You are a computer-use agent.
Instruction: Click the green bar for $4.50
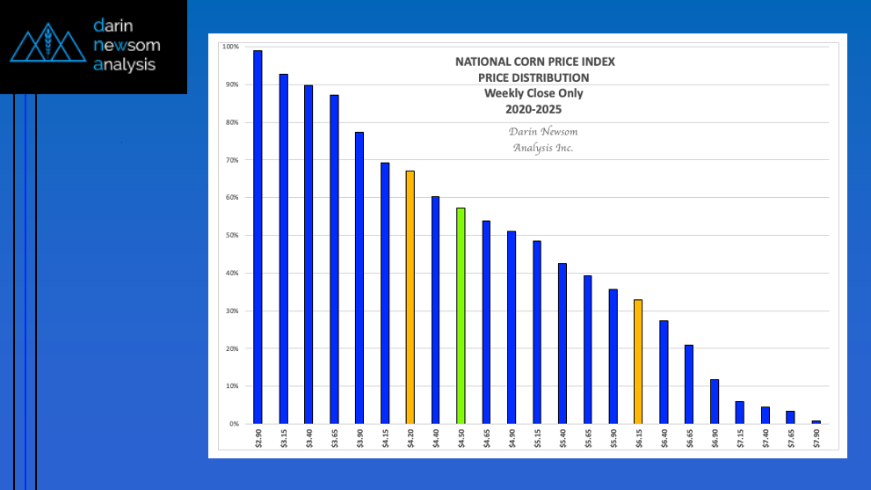click(461, 317)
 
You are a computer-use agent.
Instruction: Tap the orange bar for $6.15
click(638, 362)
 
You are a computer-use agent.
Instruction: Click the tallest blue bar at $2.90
click(258, 238)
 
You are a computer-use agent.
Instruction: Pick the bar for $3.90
click(359, 278)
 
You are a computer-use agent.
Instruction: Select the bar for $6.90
click(715, 401)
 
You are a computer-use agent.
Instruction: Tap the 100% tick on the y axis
click(231, 47)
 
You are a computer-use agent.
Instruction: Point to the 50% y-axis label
click(232, 236)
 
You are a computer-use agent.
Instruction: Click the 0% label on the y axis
click(234, 424)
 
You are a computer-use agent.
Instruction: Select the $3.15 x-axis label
click(284, 437)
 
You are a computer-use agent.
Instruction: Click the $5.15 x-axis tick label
click(537, 437)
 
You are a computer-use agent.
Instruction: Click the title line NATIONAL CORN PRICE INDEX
click(534, 62)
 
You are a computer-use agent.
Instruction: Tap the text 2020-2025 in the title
click(533, 109)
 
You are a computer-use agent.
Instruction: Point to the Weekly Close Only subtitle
click(533, 93)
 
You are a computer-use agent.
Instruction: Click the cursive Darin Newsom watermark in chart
click(543, 132)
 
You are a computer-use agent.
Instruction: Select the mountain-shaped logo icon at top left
click(49, 46)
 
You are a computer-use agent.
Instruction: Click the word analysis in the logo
click(124, 65)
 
